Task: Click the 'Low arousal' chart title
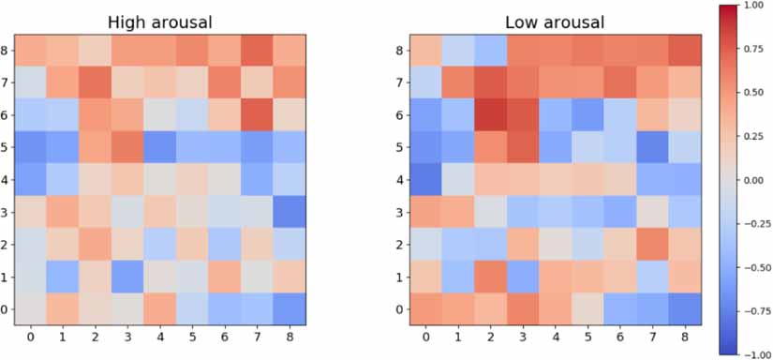554,22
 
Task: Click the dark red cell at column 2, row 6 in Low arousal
489,115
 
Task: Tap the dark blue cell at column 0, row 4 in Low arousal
425,179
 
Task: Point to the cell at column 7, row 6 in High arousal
260,115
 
